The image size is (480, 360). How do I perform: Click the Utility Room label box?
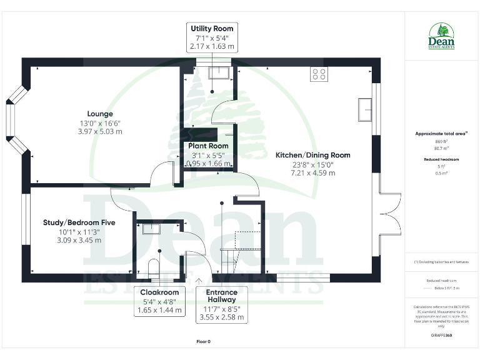tap(212, 37)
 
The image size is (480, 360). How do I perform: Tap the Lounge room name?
tap(100, 114)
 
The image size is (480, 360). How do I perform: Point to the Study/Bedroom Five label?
tap(70, 222)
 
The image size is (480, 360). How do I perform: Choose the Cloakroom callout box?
tap(159, 301)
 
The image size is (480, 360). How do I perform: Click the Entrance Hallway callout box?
tap(221, 304)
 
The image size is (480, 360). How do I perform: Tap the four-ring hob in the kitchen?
tap(319, 74)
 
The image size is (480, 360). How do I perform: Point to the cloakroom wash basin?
tap(151, 228)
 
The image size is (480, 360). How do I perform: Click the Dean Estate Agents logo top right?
tap(441, 36)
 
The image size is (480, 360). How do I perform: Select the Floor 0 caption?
tap(203, 342)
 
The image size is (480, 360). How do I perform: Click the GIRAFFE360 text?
tap(441, 336)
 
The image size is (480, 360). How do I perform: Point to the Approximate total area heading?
tap(441, 133)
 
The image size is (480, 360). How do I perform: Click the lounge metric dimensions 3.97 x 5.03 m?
tap(100, 132)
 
